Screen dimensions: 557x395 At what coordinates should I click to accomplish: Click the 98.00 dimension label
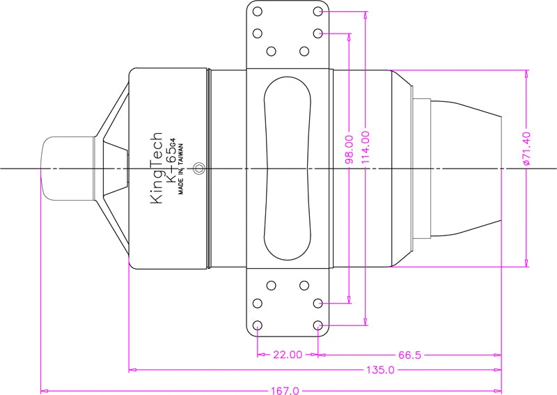coord(350,149)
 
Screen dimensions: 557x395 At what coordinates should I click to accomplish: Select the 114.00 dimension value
coord(366,148)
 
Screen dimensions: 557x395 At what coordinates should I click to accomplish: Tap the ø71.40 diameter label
coord(526,148)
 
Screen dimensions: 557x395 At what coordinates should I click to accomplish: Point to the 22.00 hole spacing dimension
coord(288,355)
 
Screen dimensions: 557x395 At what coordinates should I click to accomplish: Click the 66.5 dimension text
coord(409,355)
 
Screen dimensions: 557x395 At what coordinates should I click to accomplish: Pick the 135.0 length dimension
coord(380,370)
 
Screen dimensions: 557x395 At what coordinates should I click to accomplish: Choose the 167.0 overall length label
coord(285,391)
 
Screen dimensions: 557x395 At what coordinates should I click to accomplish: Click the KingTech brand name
coord(157,168)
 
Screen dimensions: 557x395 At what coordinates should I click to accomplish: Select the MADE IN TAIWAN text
coord(181,169)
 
